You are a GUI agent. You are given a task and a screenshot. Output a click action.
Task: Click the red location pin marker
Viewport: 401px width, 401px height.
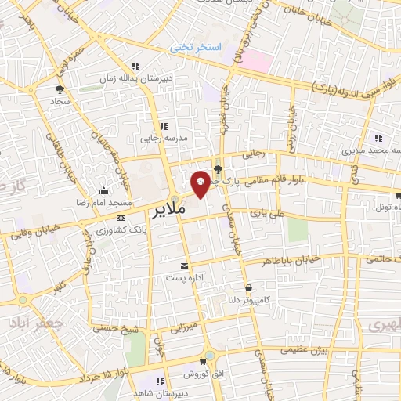200,182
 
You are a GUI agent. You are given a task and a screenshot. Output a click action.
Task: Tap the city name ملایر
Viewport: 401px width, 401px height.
169,211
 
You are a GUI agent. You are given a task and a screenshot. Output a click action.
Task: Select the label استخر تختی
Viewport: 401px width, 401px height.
197,48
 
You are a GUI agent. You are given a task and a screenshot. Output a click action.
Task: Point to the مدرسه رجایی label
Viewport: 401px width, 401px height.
161,138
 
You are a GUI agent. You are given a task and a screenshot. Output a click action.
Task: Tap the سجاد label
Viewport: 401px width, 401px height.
60,102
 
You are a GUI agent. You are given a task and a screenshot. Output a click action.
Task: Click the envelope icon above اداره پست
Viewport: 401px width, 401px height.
185,266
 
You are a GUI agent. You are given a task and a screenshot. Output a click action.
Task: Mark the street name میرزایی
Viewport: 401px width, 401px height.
190,323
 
